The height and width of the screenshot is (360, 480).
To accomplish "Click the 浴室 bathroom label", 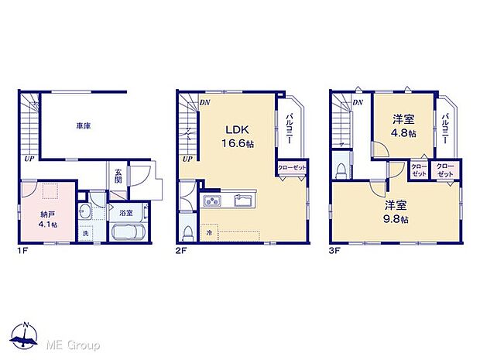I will [x=125, y=211].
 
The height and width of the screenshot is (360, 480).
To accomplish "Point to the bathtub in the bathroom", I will [x=127, y=231].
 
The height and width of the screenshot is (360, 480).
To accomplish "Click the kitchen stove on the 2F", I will [x=213, y=202].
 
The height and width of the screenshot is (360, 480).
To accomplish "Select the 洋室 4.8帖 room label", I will [x=402, y=125].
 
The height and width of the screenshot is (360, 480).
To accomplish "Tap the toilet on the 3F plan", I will [x=342, y=171].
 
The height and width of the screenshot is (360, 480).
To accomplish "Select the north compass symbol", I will [x=26, y=336].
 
